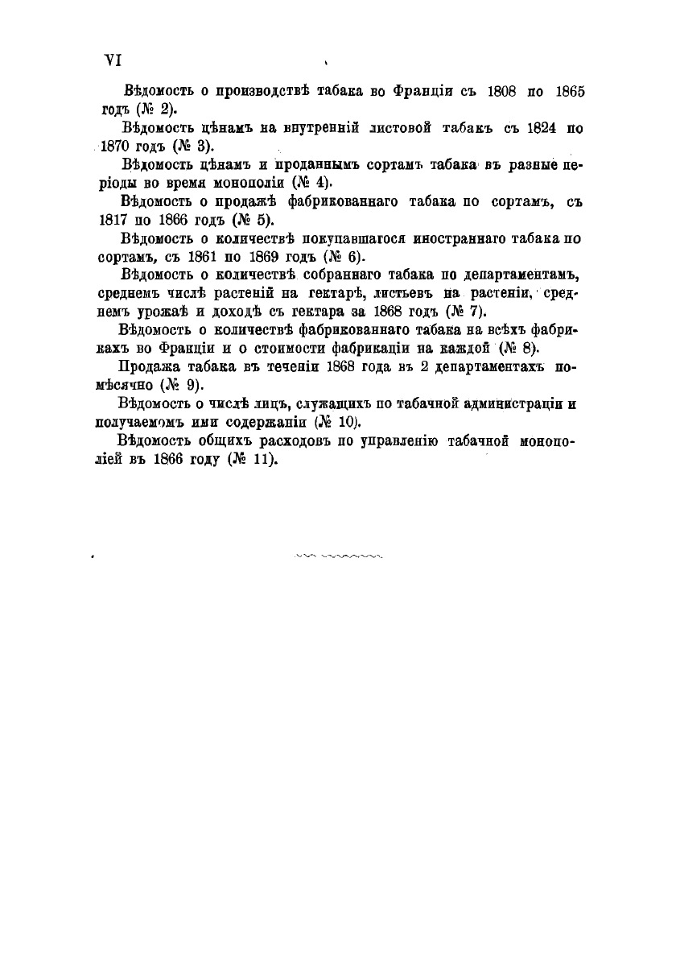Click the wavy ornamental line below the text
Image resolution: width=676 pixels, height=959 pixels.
pos(338,555)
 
